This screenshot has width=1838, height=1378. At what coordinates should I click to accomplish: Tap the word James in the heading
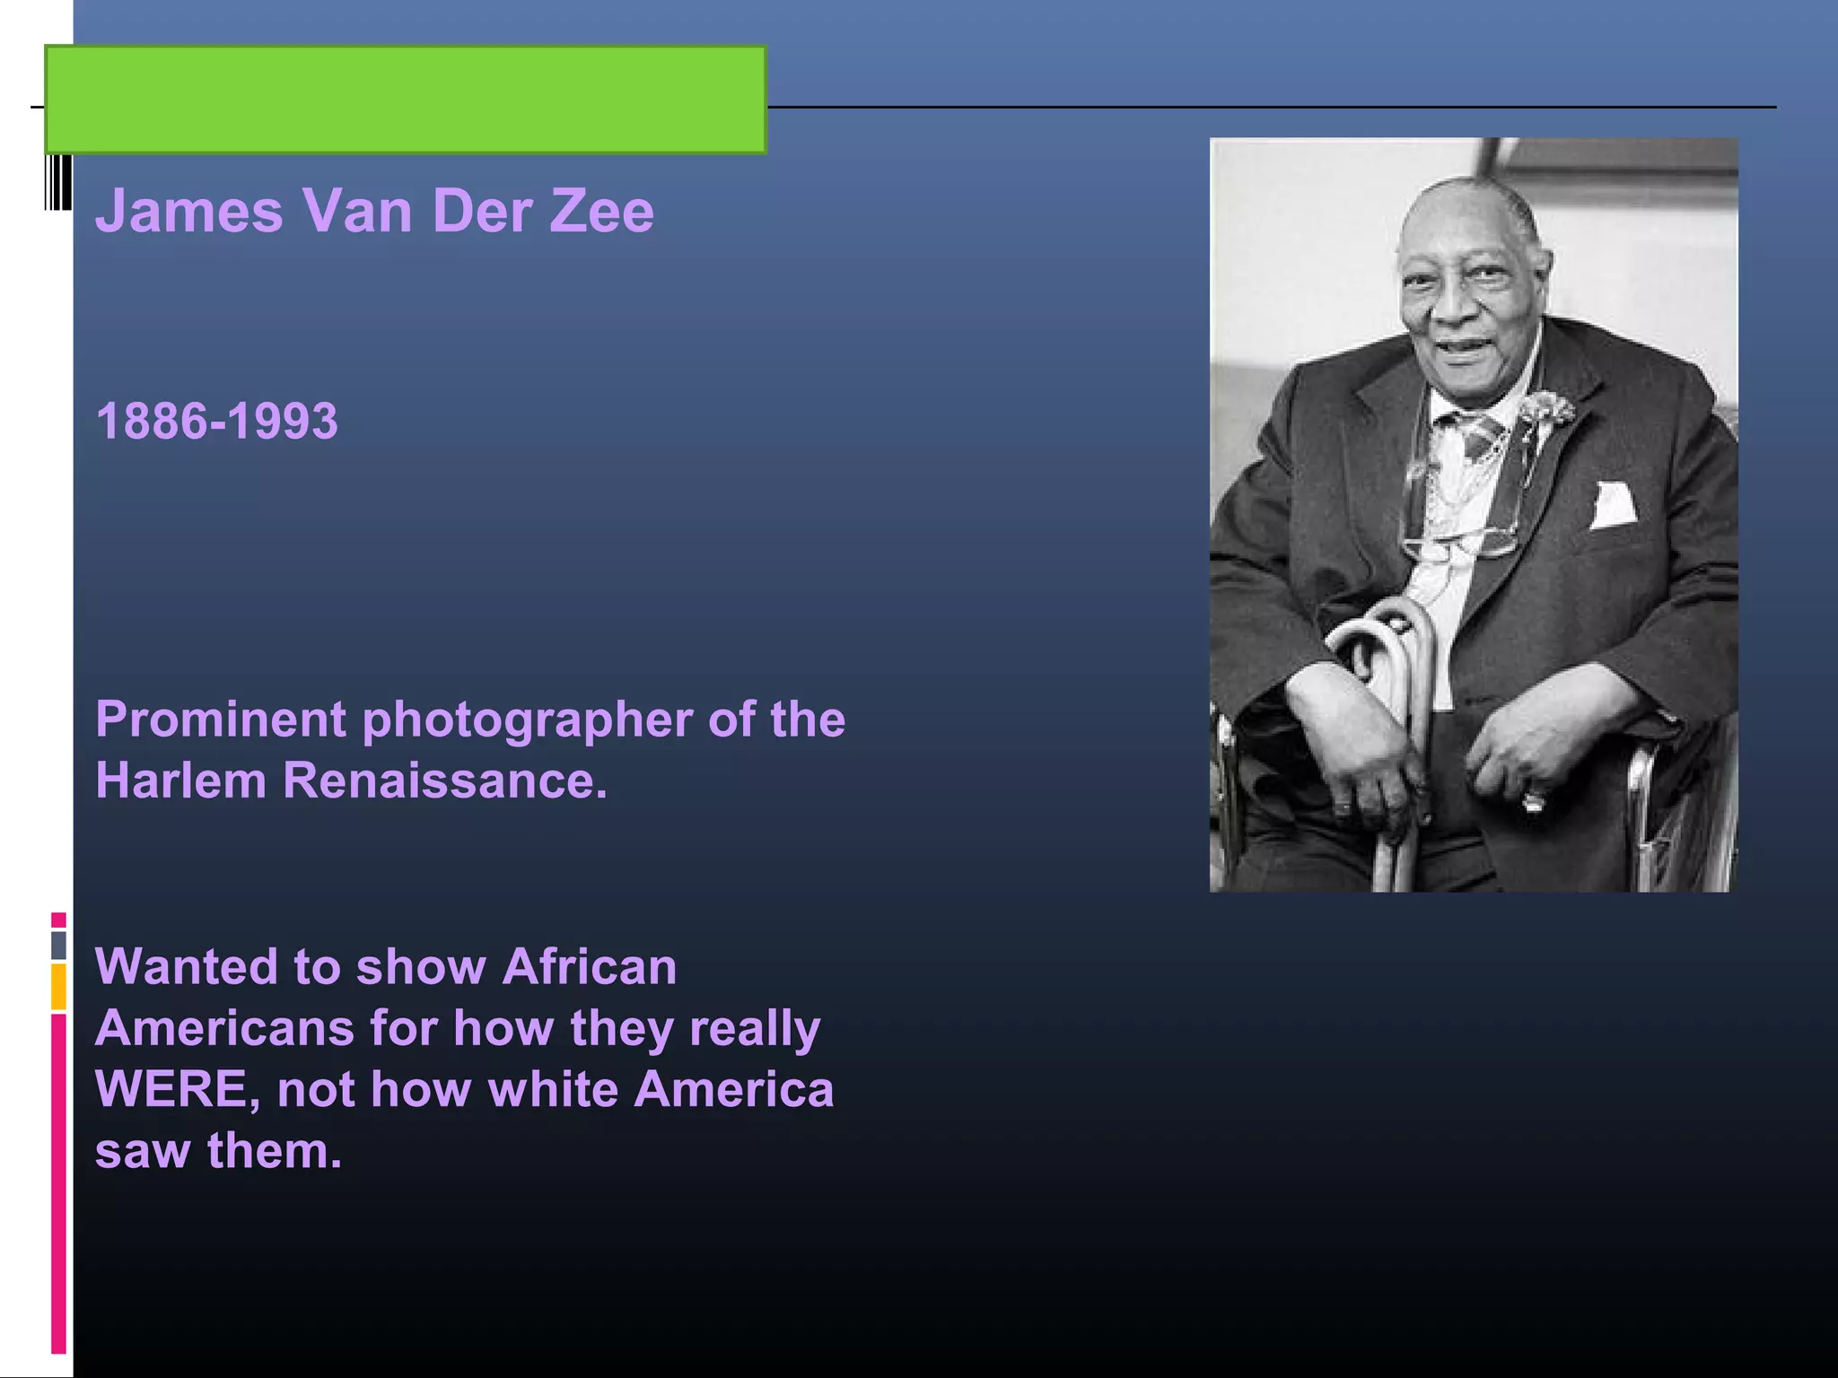(x=189, y=212)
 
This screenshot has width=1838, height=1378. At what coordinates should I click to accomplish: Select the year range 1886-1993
(x=217, y=421)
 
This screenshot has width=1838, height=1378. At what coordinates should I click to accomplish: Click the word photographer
(x=529, y=720)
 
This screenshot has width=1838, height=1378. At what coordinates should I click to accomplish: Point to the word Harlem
(x=180, y=781)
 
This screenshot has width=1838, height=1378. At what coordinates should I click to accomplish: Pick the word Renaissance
(x=444, y=781)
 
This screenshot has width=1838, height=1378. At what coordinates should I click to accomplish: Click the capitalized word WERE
(x=177, y=1089)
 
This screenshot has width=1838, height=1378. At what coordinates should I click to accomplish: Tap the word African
(x=590, y=967)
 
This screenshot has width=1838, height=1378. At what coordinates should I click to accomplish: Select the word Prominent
(x=221, y=720)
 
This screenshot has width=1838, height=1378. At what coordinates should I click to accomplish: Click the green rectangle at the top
(x=406, y=100)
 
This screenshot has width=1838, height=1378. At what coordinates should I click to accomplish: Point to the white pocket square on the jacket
(x=1613, y=505)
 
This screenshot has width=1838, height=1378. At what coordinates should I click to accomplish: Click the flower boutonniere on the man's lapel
(x=1545, y=411)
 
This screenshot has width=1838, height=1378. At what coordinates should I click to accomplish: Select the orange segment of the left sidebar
(x=58, y=987)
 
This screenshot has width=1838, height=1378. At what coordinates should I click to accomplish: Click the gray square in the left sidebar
(x=58, y=945)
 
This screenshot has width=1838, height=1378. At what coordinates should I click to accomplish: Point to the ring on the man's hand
(x=1533, y=798)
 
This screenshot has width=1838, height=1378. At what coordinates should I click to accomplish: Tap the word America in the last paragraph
(x=734, y=1089)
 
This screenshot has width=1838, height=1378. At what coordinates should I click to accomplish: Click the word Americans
(x=224, y=1028)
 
